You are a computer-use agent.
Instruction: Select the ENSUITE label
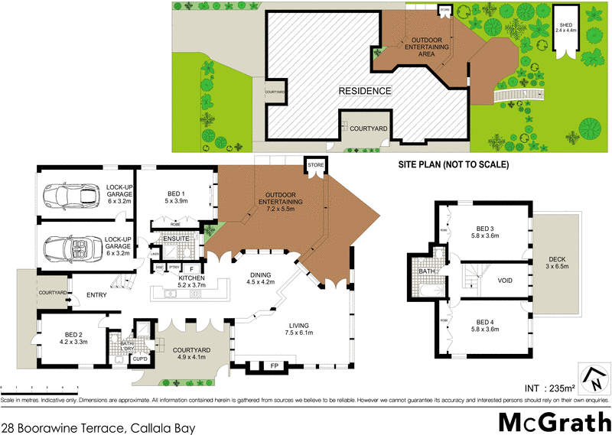177,239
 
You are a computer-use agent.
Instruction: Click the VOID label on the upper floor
505,280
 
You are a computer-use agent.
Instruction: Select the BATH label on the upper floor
428,270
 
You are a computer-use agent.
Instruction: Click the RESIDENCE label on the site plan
366,91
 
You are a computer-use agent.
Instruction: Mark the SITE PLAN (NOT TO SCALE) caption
453,164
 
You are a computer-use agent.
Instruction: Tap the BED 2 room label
70,338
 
